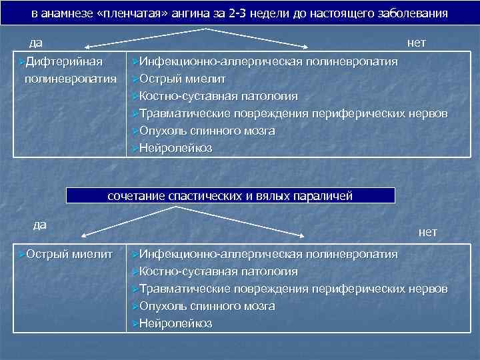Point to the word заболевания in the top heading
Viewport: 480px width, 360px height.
click(x=411, y=13)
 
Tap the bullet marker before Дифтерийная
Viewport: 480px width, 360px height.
click(x=19, y=62)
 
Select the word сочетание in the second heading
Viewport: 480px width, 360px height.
click(x=131, y=196)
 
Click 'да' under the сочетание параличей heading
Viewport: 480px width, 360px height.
click(x=40, y=224)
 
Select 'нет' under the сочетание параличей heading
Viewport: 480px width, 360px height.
click(x=427, y=232)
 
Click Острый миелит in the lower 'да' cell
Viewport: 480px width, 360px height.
click(x=69, y=254)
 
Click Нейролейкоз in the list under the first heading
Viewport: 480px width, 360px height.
click(x=175, y=149)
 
